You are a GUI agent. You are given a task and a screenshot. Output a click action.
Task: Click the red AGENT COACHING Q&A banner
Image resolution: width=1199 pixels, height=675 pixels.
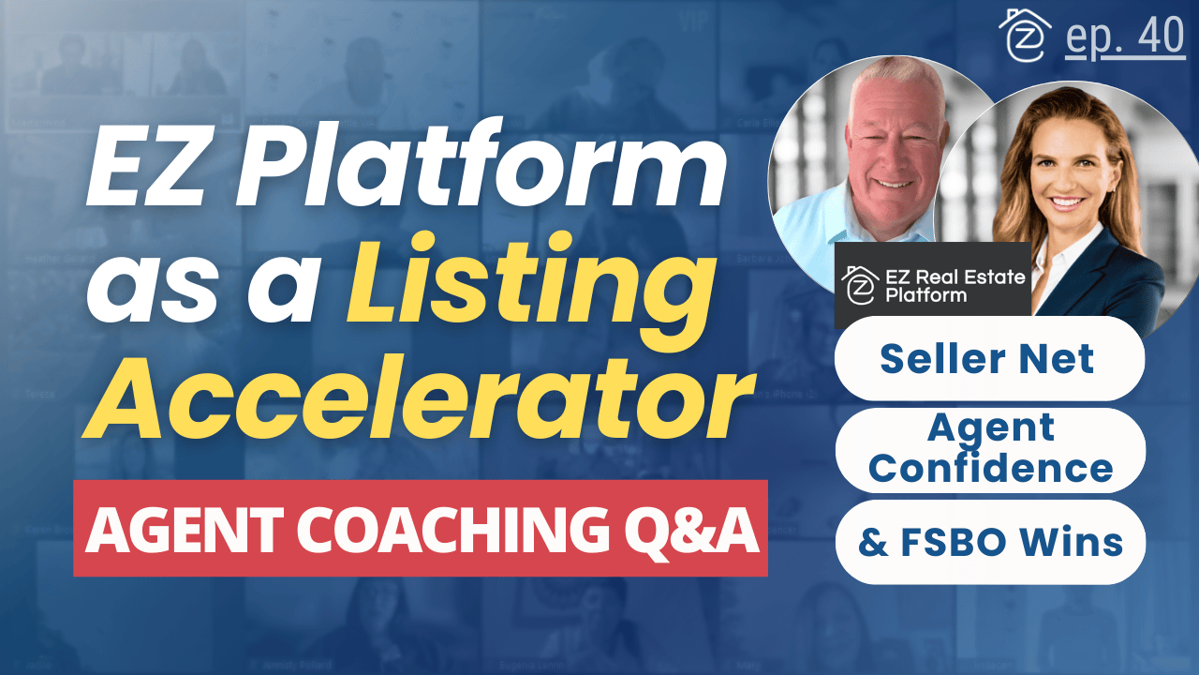tap(421, 529)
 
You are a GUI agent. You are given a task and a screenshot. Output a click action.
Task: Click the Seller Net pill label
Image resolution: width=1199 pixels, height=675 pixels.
tap(988, 358)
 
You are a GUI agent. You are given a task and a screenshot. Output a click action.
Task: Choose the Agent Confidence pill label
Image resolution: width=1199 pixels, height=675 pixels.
tap(990, 448)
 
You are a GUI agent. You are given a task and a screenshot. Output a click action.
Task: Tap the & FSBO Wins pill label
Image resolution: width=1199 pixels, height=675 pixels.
tap(990, 542)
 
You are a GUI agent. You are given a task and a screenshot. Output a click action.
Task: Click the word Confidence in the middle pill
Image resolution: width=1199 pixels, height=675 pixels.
tap(990, 467)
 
